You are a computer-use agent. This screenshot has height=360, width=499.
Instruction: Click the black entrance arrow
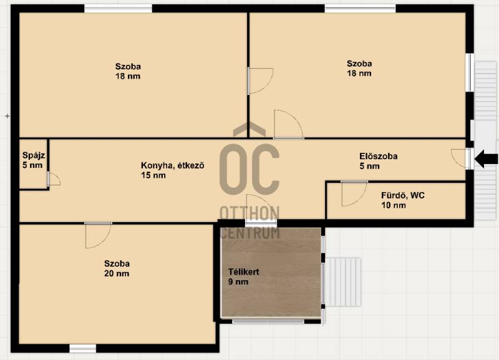pyautogui.click(x=486, y=159)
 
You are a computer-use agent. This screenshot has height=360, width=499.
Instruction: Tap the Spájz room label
pyautogui.click(x=34, y=155)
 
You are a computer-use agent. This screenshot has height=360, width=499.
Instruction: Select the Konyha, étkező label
pyautogui.click(x=173, y=165)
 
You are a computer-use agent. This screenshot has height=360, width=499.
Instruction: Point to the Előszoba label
pyautogui.click(x=379, y=156)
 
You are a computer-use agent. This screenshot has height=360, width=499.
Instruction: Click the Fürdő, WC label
pyautogui.click(x=403, y=195)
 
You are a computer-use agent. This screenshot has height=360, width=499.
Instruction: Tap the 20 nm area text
pyautogui.click(x=117, y=273)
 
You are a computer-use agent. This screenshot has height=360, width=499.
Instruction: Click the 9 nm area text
pyautogui.click(x=238, y=281)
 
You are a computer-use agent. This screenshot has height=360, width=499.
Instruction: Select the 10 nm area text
pyautogui.click(x=394, y=205)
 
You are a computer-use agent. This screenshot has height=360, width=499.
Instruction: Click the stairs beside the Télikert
pyautogui.click(x=345, y=281)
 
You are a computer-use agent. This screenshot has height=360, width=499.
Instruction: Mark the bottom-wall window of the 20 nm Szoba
pyautogui.click(x=83, y=348)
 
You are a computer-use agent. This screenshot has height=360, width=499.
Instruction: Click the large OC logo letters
pyautogui.click(x=249, y=167)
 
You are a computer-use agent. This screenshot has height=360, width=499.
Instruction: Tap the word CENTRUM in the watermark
pyautogui.click(x=250, y=233)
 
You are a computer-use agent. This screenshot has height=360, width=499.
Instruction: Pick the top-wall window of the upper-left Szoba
pyautogui.click(x=118, y=9)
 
